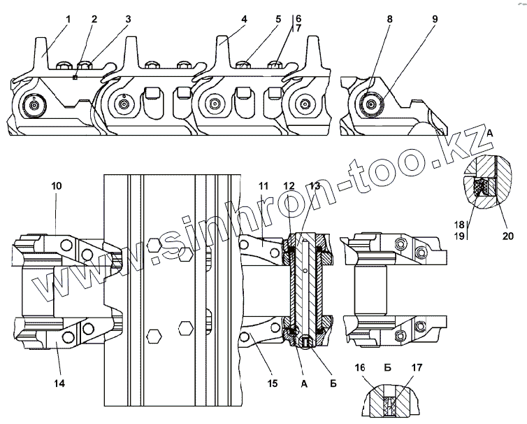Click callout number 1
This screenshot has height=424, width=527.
click(68, 20)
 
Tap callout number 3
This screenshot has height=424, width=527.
click(128, 20)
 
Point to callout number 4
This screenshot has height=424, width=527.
click(244, 20)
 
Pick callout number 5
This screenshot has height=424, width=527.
click(277, 20)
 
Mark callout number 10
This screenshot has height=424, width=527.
click(57, 186)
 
